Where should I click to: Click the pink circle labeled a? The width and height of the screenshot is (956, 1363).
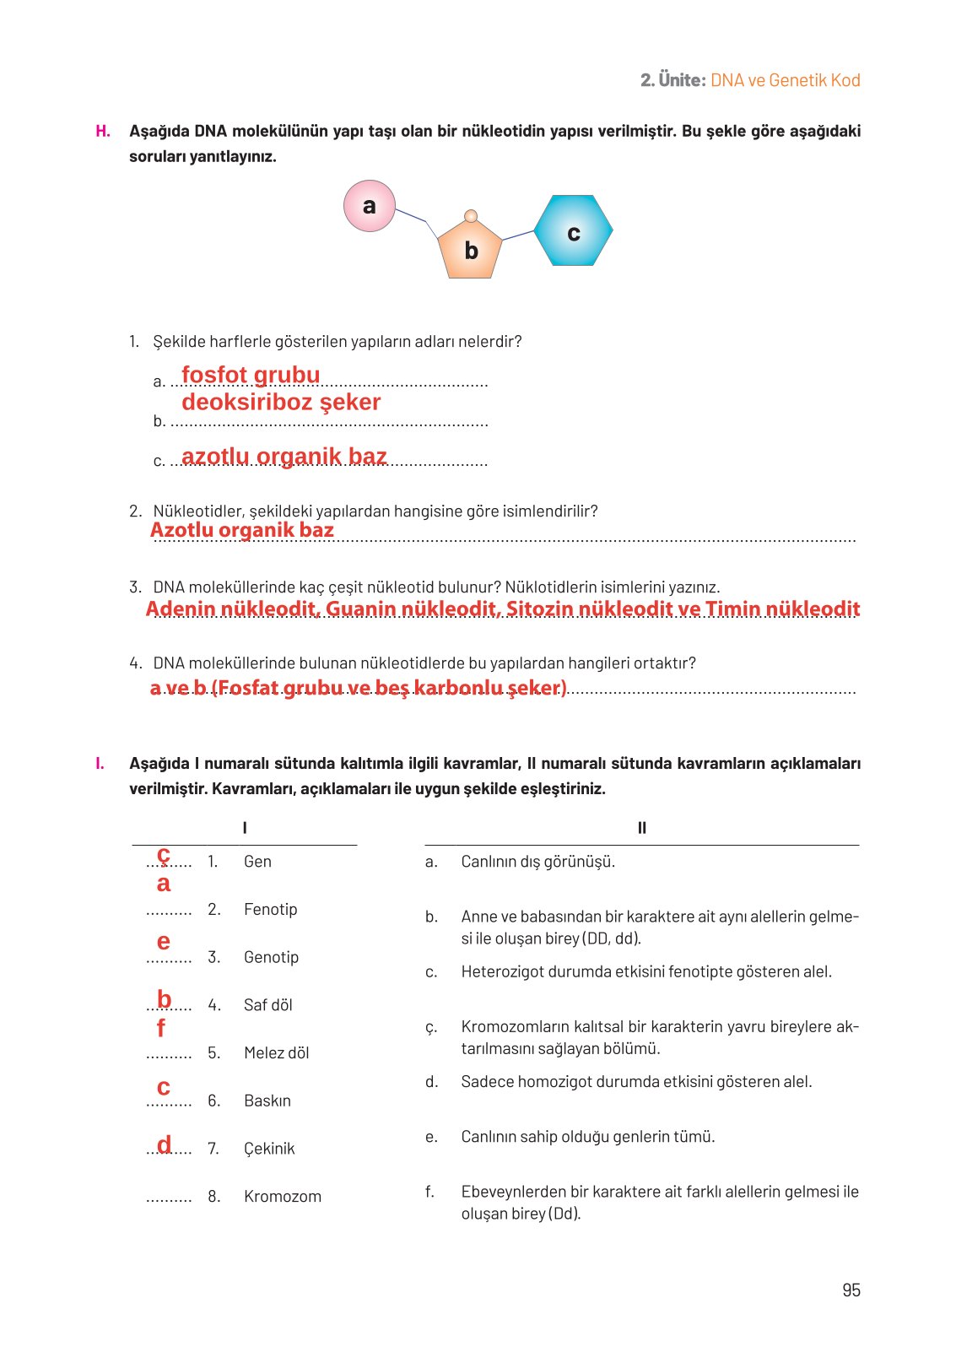(370, 206)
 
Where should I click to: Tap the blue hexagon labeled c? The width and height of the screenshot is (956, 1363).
(573, 231)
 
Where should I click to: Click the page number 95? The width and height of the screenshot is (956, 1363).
(851, 1290)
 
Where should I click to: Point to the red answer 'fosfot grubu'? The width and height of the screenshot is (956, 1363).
(251, 375)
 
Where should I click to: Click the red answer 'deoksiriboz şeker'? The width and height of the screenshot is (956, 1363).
(281, 402)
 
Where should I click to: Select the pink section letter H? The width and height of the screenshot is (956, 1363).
(103, 131)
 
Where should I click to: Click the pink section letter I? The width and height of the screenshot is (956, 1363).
(100, 763)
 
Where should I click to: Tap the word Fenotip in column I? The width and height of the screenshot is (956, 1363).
(270, 909)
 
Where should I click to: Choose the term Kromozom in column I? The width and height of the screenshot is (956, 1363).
(282, 1196)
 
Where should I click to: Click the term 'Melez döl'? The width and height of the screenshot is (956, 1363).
(276, 1052)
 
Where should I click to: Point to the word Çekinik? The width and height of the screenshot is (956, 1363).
(269, 1149)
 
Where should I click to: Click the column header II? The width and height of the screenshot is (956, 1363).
(642, 828)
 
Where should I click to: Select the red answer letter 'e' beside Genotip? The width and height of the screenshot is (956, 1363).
(164, 942)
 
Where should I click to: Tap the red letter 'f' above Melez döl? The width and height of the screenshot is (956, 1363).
(161, 1028)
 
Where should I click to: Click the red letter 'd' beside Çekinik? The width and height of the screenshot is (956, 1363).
(164, 1144)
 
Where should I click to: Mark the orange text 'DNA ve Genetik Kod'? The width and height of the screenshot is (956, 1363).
(785, 80)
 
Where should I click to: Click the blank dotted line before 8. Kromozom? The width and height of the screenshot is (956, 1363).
(169, 1198)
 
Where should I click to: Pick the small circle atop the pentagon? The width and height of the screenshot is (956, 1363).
(471, 216)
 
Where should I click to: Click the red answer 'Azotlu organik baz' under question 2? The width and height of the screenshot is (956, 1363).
(242, 530)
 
